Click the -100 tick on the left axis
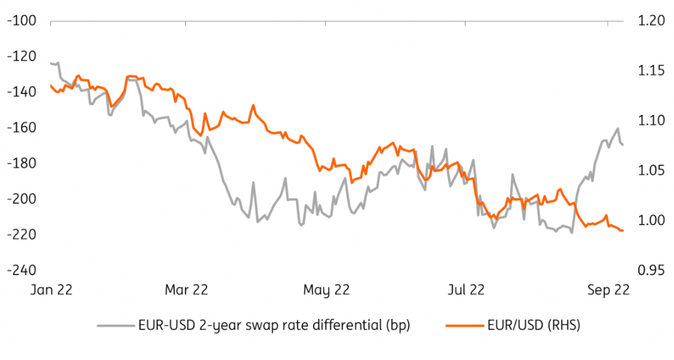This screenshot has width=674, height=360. [21, 21]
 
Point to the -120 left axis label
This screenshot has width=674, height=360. [21, 56]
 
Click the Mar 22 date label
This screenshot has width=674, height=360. [186, 290]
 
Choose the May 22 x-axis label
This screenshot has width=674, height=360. [327, 290]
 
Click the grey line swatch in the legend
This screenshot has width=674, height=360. [115, 326]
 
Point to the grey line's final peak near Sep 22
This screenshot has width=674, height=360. [618, 129]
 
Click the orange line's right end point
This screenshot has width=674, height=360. [623, 230]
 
